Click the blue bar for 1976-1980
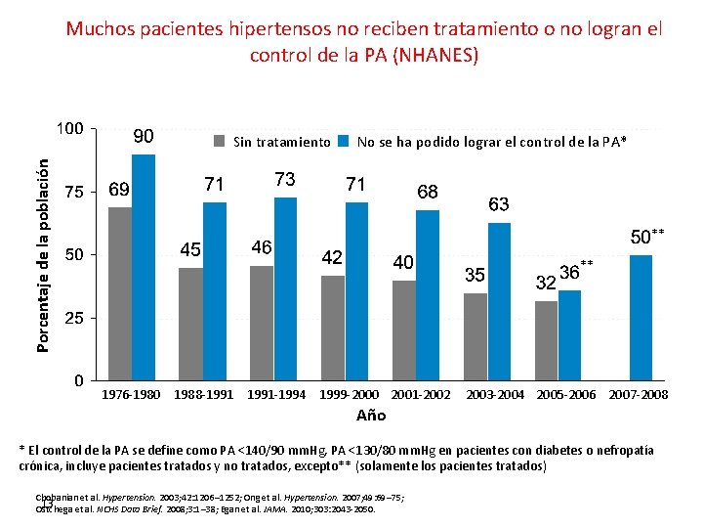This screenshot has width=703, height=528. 144,267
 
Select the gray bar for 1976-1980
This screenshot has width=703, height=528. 120,293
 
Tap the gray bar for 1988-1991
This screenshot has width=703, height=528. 190,324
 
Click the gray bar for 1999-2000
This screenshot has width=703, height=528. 333,328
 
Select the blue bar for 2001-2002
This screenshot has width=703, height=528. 428,294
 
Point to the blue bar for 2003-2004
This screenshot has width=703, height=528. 499,301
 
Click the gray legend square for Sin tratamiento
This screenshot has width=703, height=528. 221,142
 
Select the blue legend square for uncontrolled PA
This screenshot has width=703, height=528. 343,142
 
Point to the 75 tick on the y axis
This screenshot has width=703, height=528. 73,192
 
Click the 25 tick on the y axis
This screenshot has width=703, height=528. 73,319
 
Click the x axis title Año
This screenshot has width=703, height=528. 371,416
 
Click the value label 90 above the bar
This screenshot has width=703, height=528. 143,136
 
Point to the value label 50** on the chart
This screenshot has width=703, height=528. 645,237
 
